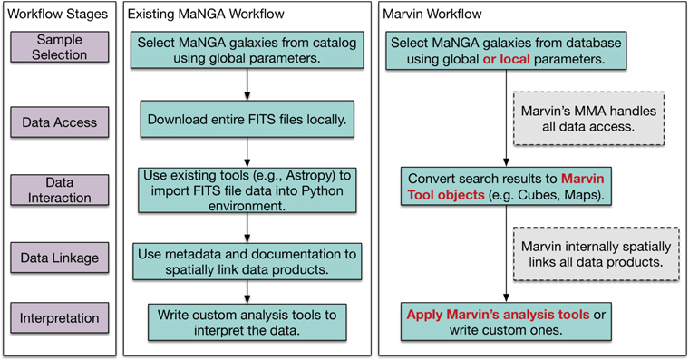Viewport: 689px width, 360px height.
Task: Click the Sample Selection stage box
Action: tap(59, 47)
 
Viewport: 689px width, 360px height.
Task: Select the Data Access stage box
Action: tap(59, 122)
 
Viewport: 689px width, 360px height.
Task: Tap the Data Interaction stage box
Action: tap(59, 190)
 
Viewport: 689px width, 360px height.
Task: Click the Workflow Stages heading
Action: tap(59, 15)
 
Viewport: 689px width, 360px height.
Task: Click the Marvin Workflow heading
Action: tap(432, 15)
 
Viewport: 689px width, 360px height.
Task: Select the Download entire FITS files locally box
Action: tap(247, 118)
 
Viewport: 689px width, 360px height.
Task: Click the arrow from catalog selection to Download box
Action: tap(247, 87)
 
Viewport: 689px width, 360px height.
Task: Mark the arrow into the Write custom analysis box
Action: tap(247, 289)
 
